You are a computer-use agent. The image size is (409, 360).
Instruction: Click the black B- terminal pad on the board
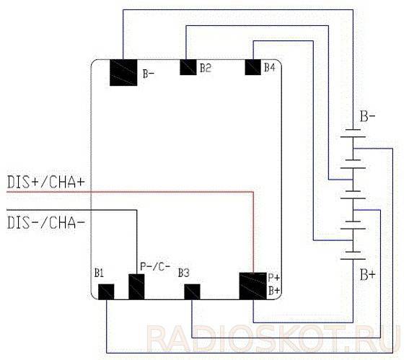coord(123,73)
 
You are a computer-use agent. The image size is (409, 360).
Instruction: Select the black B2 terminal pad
coord(188,67)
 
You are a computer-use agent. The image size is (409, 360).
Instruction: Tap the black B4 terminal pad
coord(253,67)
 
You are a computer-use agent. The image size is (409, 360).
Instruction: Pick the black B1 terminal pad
coord(106,292)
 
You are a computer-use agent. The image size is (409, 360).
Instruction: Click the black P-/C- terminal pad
coord(136,286)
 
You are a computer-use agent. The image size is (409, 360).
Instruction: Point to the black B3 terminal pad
coord(193,292)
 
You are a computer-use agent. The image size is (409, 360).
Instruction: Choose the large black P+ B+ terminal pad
coord(253,286)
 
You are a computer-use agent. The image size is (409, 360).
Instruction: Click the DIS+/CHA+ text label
coord(46,182)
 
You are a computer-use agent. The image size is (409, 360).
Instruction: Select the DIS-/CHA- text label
coord(46,223)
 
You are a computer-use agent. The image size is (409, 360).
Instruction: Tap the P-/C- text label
coord(155,266)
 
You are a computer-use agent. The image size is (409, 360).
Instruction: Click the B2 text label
coord(206,68)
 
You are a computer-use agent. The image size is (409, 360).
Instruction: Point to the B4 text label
coord(270,67)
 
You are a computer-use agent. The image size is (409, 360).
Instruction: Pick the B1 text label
coord(99,273)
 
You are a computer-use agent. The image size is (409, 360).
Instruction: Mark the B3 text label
coord(184,273)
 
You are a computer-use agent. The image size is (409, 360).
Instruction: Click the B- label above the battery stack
coord(368,116)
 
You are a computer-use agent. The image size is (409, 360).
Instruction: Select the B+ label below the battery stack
coord(368,275)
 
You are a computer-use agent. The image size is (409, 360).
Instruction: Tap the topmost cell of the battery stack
coord(353,133)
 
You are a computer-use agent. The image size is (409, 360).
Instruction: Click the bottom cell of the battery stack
coord(353,255)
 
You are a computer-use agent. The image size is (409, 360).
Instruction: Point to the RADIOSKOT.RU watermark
coord(274,338)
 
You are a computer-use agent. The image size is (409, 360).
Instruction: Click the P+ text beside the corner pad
coord(273,278)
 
